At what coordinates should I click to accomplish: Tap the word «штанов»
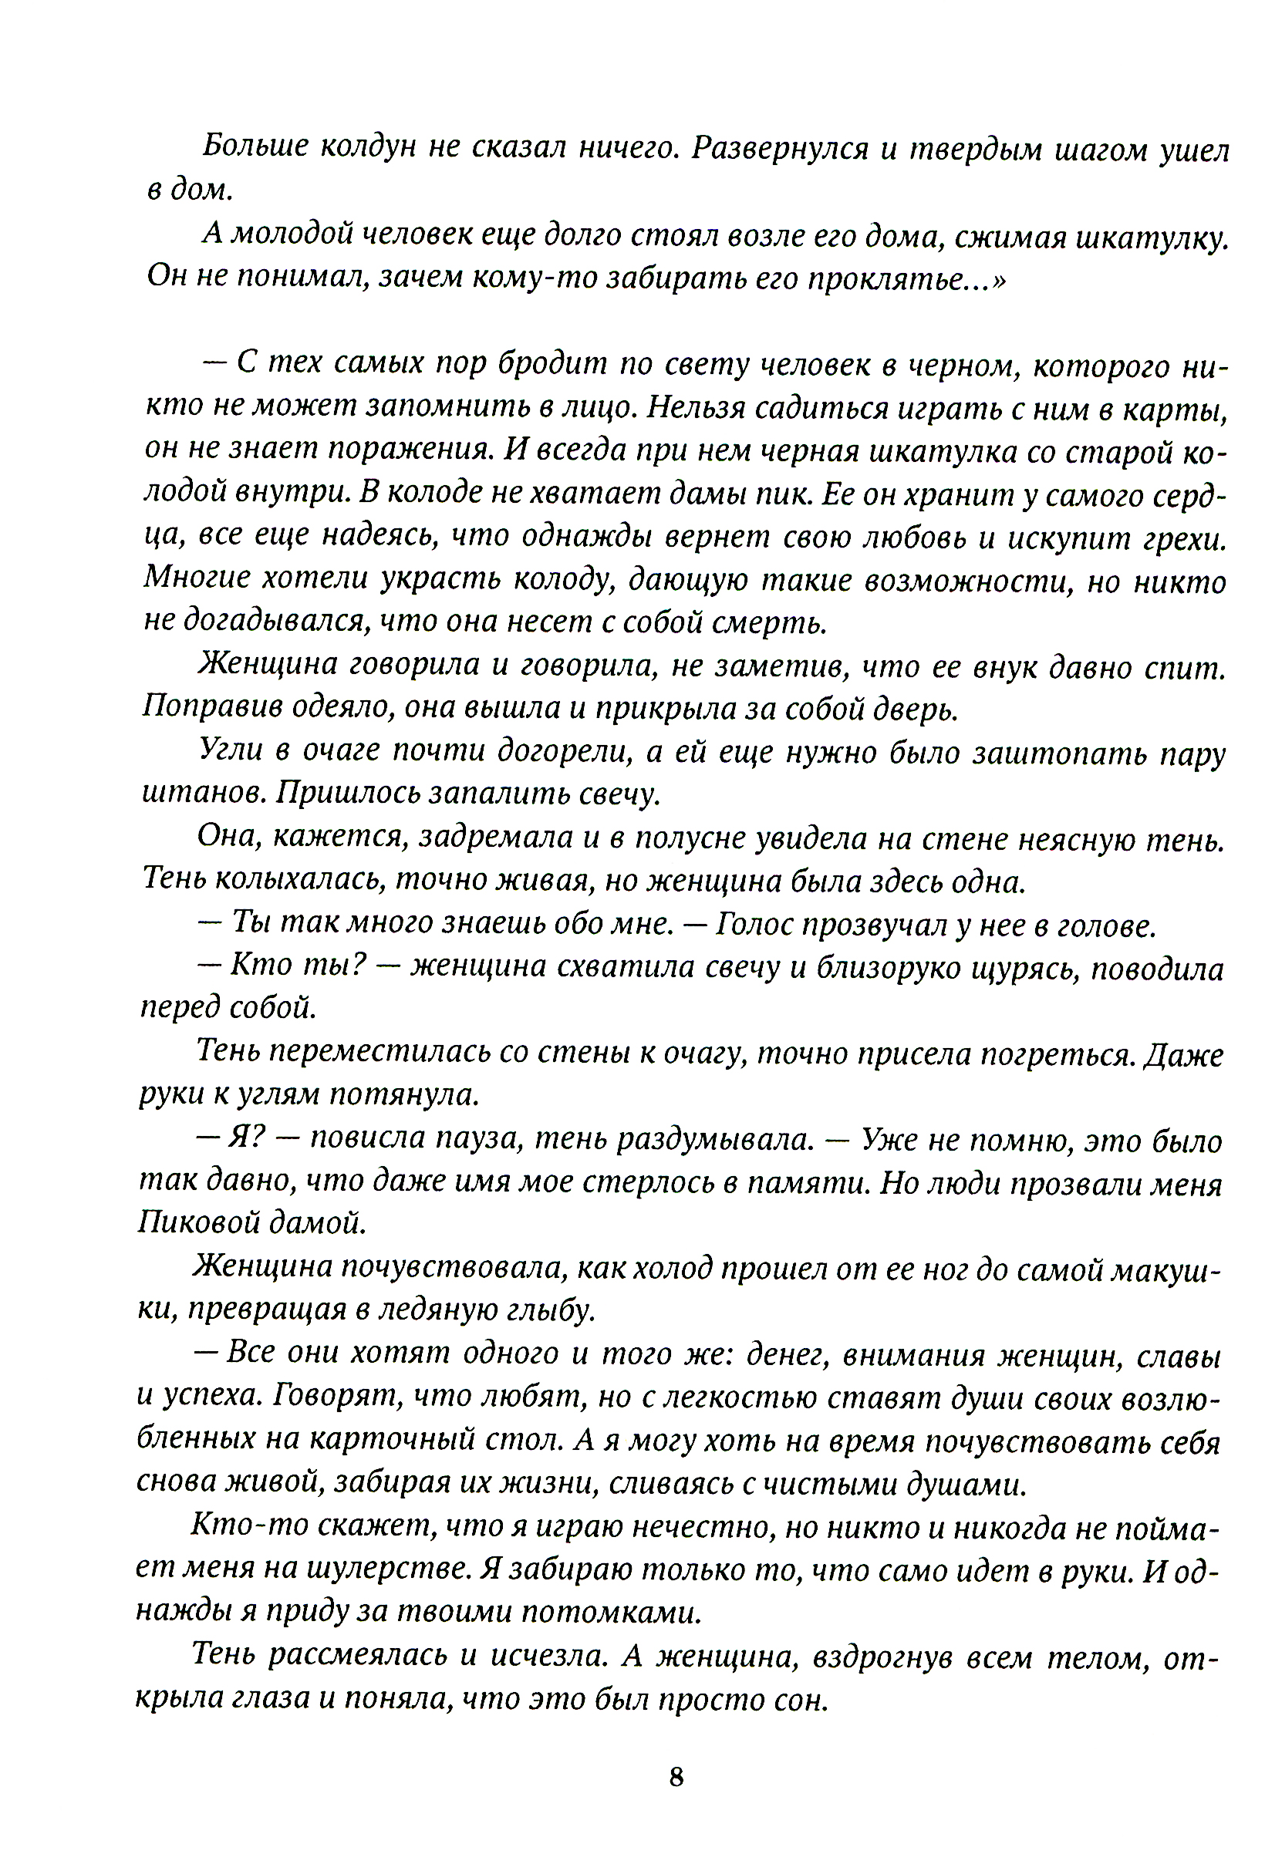pos(204,794)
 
